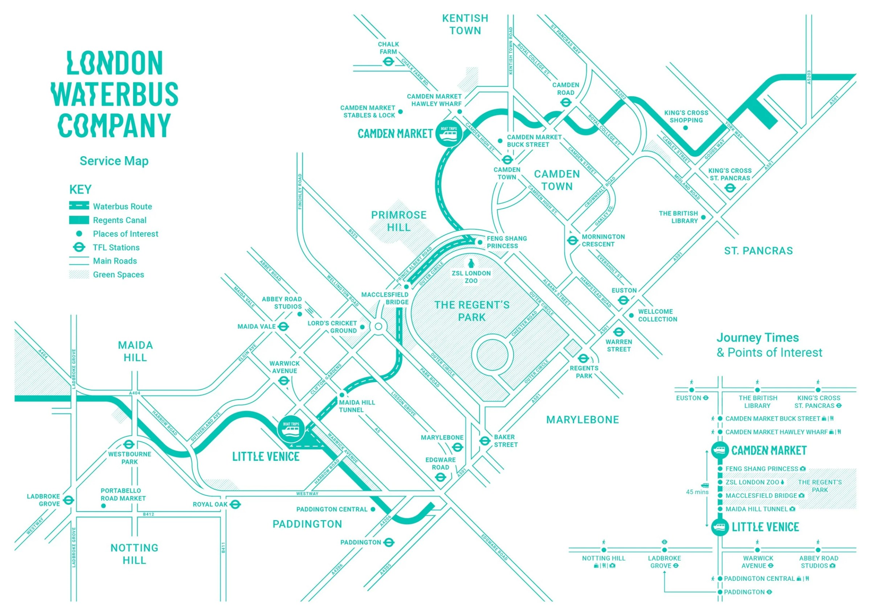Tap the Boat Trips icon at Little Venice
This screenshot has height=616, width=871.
click(291, 429)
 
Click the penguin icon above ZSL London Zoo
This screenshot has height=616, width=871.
click(471, 263)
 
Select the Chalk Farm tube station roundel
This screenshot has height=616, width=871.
click(388, 61)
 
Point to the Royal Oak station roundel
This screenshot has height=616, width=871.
click(235, 504)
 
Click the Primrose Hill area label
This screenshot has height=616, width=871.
click(399, 221)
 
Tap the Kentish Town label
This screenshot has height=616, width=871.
click(465, 24)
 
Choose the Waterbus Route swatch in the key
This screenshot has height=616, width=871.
click(79, 206)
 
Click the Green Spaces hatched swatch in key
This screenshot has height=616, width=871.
click(79, 275)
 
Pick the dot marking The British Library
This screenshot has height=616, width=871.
click(703, 217)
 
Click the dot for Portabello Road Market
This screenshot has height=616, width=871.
click(103, 506)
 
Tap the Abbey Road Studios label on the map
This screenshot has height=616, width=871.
click(282, 303)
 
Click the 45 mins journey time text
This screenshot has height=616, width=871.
click(697, 492)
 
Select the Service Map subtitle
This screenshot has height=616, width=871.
click(114, 161)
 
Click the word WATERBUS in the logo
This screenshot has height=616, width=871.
click(115, 94)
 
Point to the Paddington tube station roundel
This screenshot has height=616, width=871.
click(389, 542)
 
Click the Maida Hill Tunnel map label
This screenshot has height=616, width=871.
click(357, 406)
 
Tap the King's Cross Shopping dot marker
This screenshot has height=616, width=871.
click(686, 128)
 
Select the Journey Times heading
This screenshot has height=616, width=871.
click(757, 337)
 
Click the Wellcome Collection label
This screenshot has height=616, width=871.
click(657, 315)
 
